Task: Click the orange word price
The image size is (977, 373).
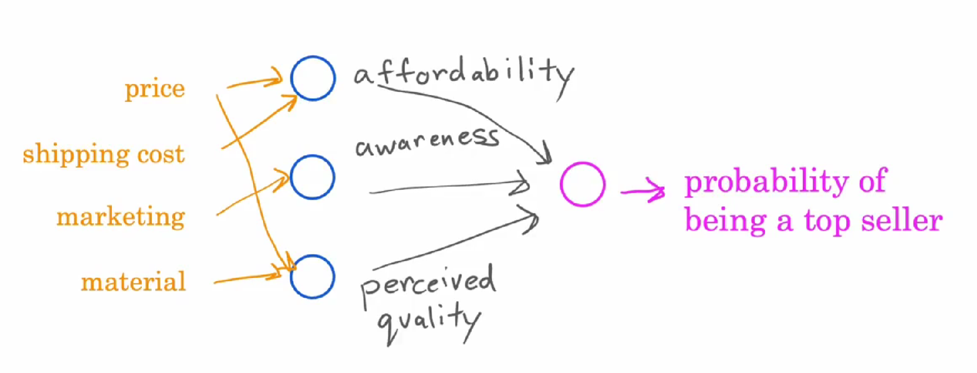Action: pyautogui.click(x=155, y=89)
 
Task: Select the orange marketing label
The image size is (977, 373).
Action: pyautogui.click(x=121, y=217)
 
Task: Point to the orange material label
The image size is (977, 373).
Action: pyautogui.click(x=133, y=282)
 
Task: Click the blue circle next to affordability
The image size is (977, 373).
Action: pyautogui.click(x=313, y=78)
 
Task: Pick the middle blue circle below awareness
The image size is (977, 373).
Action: pyautogui.click(x=312, y=177)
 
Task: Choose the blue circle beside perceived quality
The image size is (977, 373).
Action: pyautogui.click(x=312, y=277)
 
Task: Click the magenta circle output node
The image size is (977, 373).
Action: pyautogui.click(x=582, y=184)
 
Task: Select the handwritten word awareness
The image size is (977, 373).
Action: pyautogui.click(x=427, y=142)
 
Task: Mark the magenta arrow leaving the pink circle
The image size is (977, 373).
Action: pyautogui.click(x=643, y=191)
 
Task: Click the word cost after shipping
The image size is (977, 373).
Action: pyautogui.click(x=160, y=154)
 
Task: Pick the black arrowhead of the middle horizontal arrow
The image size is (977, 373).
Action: pyautogui.click(x=522, y=186)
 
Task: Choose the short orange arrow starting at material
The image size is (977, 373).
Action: pyautogui.click(x=246, y=278)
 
